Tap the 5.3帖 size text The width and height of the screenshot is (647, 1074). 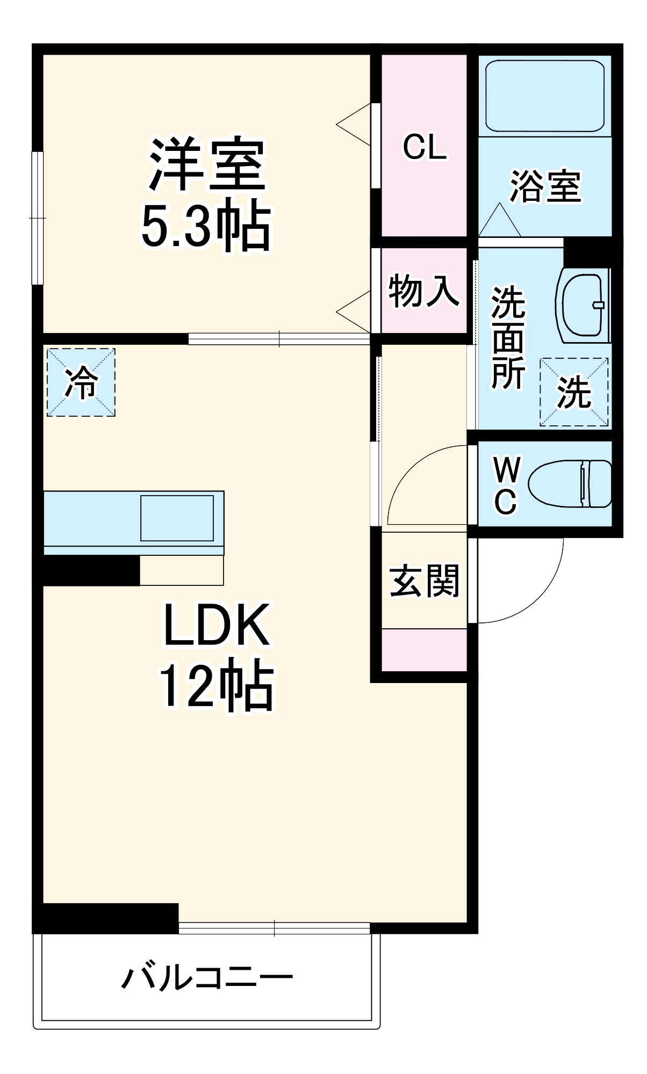(206, 226)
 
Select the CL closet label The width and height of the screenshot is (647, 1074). (425, 147)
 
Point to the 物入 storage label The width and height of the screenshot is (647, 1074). (424, 291)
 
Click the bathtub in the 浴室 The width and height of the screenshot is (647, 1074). (545, 96)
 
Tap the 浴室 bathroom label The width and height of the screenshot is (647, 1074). (545, 186)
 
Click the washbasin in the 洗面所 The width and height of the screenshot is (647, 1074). (584, 305)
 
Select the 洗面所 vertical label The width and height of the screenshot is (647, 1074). (508, 338)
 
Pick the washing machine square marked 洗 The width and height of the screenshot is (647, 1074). (574, 392)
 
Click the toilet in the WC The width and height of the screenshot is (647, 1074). (570, 483)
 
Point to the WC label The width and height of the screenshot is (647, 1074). (506, 486)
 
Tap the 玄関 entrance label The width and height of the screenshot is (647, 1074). (424, 580)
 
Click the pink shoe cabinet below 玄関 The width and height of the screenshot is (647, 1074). (424, 650)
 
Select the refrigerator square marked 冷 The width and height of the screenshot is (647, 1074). (81, 382)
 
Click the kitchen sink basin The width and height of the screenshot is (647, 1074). (177, 518)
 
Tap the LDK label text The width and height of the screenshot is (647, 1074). (216, 625)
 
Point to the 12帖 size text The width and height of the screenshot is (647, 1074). (216, 685)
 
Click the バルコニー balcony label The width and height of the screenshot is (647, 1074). (207, 977)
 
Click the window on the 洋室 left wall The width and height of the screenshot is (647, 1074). (37, 218)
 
